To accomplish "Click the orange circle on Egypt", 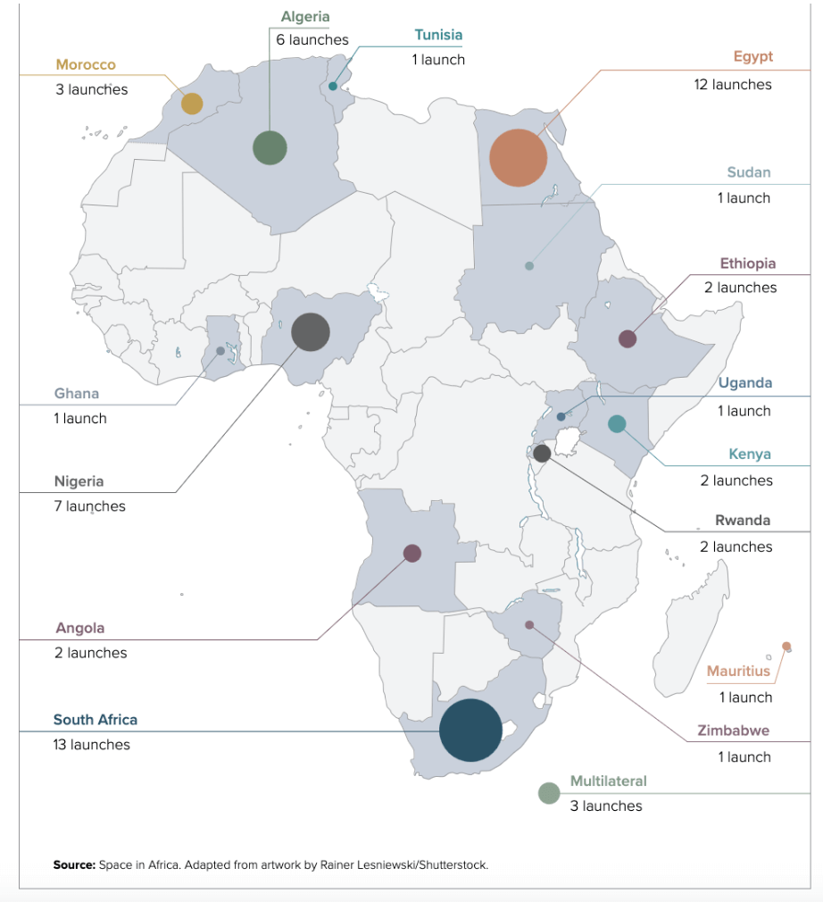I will [x=518, y=158].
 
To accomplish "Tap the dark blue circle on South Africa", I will [x=471, y=730].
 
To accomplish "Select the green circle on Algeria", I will [x=270, y=148].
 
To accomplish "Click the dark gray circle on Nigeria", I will [x=311, y=332].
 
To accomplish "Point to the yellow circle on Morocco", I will [x=192, y=104].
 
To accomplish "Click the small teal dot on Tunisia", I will [x=333, y=87].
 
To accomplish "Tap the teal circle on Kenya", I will [x=617, y=424].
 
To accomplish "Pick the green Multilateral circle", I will [x=549, y=792].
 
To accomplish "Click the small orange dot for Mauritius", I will [x=786, y=646].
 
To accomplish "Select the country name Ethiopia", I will [x=748, y=263].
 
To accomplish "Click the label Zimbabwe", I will [x=733, y=731].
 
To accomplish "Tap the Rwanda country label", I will [x=743, y=520].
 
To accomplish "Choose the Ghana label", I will [x=77, y=393].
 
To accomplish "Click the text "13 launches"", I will [x=91, y=745].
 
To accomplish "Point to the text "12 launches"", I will [x=733, y=84].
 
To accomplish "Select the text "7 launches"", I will [x=89, y=506].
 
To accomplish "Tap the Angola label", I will [x=80, y=628].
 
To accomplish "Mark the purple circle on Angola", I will [x=412, y=554].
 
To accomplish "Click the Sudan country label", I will [x=748, y=172].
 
